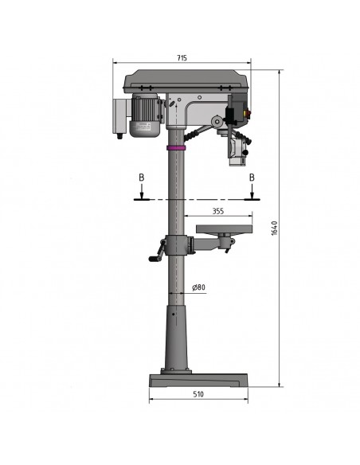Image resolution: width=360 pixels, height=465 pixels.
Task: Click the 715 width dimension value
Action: (x=182, y=58)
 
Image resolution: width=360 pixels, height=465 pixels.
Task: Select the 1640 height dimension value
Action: (x=274, y=228)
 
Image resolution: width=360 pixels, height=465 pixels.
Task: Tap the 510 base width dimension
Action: (x=198, y=394)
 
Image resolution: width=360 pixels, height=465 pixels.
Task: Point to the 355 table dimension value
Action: (x=218, y=211)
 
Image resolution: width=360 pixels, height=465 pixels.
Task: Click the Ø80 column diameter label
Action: (x=198, y=287)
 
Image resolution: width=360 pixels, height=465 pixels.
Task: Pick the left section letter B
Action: (x=142, y=178)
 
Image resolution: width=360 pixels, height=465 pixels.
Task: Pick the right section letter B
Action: (x=252, y=178)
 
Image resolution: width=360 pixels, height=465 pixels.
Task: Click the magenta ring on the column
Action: (x=176, y=147)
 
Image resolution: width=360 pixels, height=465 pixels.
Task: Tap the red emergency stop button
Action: (x=247, y=113)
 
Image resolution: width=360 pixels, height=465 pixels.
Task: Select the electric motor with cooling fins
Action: (x=146, y=115)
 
